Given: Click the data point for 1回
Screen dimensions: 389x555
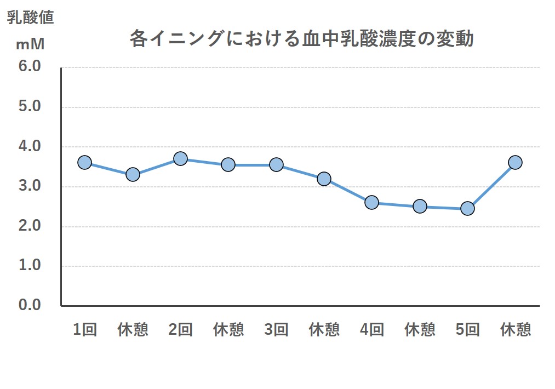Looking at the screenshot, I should click(84, 162).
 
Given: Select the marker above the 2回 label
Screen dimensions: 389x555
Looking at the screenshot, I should click(180, 159).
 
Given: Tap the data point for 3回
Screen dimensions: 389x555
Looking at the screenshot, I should click(276, 164).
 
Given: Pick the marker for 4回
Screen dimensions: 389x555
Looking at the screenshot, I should click(371, 203).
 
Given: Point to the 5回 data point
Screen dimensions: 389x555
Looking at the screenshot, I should click(467, 208).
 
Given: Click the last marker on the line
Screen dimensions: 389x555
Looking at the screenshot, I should click(515, 162).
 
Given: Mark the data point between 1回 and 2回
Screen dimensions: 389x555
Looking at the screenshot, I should click(133, 175).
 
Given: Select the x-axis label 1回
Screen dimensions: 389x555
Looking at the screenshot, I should click(85, 329).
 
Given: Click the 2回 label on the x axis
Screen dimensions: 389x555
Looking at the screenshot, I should click(180, 329).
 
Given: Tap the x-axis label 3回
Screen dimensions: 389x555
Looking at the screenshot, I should click(276, 329).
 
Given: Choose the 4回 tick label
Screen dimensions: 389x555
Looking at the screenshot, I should click(372, 329).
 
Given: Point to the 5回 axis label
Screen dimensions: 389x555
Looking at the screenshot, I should click(467, 329).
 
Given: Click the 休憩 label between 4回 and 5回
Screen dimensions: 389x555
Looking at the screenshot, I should click(420, 329).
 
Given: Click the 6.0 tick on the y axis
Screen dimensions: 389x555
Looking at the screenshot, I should click(30, 66).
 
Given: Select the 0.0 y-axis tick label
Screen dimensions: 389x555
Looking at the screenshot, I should click(30, 305).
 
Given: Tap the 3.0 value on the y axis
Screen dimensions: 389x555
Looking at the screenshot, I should click(30, 186).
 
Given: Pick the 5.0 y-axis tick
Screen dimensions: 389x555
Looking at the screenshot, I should click(30, 106).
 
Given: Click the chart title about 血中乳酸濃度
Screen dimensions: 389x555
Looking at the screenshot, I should click(301, 39).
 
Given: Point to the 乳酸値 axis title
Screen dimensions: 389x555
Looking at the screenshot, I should click(30, 18).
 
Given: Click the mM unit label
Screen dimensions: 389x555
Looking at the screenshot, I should click(30, 43).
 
